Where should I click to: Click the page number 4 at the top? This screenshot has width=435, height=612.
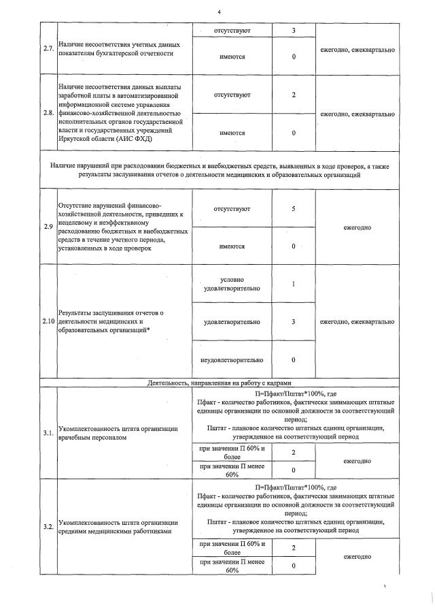tap(219, 12)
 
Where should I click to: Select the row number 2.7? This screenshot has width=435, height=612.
tap(48, 49)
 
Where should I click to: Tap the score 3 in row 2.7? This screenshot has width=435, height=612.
tap(293, 31)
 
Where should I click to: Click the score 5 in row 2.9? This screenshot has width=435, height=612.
tap(293, 209)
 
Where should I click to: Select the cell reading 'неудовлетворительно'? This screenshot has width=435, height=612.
tap(232, 359)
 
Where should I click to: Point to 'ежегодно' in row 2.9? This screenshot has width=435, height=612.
tap(357, 227)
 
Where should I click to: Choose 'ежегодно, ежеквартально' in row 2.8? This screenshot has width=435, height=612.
tap(357, 114)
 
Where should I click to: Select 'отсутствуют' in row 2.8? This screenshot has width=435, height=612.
tap(232, 95)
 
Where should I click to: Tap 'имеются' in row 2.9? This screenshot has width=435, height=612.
tap(232, 246)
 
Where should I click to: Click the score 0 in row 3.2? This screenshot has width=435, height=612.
tap(293, 566)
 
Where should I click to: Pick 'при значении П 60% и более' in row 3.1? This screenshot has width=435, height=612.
tap(232, 452)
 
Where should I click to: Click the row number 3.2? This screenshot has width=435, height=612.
tap(48, 527)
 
